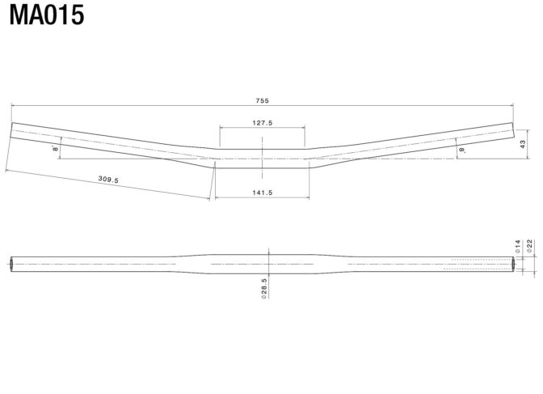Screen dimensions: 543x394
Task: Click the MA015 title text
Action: click(47, 15)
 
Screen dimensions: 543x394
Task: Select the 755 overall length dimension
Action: click(262, 100)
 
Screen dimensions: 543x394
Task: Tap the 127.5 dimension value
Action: click(262, 123)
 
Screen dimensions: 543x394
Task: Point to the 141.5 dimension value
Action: click(262, 193)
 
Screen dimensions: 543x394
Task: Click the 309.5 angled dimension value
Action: click(108, 180)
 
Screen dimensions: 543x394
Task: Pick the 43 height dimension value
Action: click(523, 144)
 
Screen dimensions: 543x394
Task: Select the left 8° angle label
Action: click(56, 148)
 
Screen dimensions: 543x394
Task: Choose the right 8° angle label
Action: click(462, 150)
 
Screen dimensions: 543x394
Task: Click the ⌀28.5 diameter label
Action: click(264, 289)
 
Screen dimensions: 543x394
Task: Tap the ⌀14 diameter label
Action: click(518, 246)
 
